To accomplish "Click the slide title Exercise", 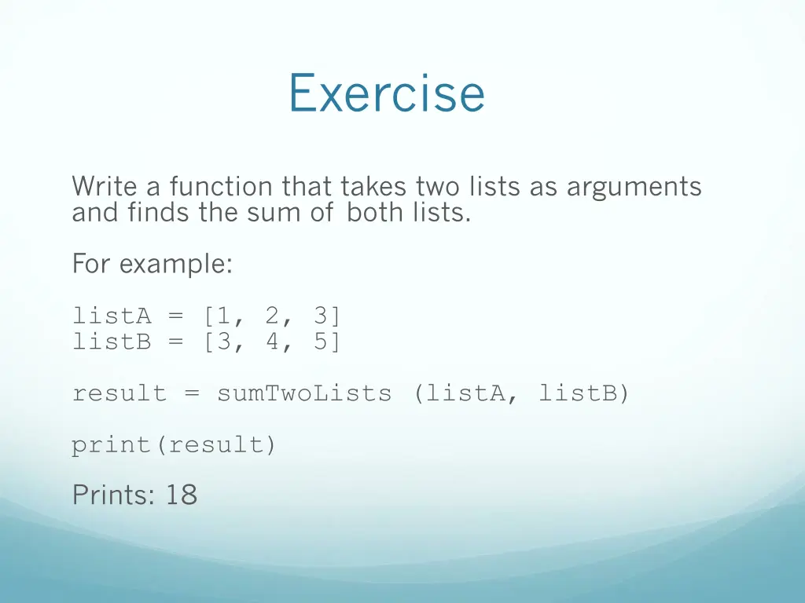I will [386, 93].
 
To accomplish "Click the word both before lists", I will [374, 213].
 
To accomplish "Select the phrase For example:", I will [152, 265].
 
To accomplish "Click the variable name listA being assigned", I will [111, 316].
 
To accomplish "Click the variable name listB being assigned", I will [111, 342].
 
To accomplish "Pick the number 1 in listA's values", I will [225, 316].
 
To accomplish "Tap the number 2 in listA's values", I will [273, 316].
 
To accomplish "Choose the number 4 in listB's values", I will [273, 342].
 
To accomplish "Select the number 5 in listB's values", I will [320, 342].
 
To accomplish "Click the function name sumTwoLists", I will [303, 393].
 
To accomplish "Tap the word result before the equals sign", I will [119, 393].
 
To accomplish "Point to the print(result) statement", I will [174, 445].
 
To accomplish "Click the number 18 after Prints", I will [182, 495].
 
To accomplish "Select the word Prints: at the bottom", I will [115, 495].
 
